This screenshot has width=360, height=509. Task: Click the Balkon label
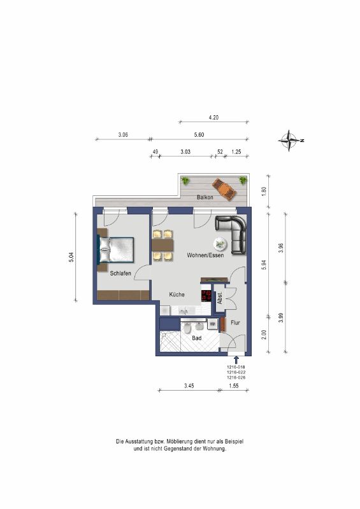click(205, 197)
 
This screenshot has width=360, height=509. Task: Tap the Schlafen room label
click(120, 274)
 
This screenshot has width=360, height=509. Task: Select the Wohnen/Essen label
click(205, 255)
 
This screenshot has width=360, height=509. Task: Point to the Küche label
click(176, 295)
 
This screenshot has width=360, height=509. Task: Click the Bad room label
click(197, 338)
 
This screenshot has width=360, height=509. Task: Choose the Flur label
click(235, 323)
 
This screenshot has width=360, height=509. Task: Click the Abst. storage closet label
click(220, 298)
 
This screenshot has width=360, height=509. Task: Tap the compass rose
click(289, 141)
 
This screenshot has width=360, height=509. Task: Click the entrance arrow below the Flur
click(236, 359)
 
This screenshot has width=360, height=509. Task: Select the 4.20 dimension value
click(213, 118)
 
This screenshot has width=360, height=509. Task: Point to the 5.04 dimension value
click(71, 257)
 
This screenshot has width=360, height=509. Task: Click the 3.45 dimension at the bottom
click(189, 386)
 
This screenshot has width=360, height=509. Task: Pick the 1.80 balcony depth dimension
click(264, 190)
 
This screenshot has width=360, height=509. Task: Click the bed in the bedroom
click(116, 249)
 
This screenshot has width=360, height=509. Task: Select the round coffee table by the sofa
click(220, 244)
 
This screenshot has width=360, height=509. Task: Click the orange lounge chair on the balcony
click(224, 188)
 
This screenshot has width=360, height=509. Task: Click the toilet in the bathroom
click(187, 328)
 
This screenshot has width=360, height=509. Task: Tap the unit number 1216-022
click(236, 372)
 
